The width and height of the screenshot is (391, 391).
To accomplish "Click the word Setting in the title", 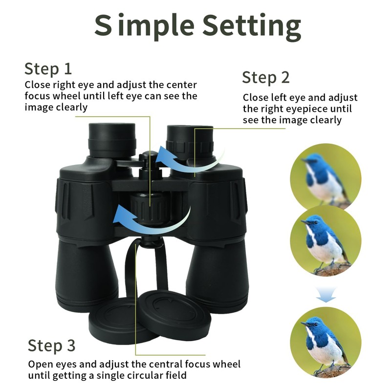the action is (252, 26).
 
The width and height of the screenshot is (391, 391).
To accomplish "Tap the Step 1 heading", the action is (48, 69).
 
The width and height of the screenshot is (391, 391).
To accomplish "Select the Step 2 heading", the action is (266, 78).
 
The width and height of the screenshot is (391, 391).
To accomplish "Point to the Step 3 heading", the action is (51, 346).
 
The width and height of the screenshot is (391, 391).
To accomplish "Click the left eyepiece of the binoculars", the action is (112, 140).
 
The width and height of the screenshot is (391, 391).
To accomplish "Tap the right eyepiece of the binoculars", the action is (190, 142).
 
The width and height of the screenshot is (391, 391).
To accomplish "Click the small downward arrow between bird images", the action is (326, 294).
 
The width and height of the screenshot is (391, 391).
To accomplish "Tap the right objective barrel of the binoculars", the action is (217, 274).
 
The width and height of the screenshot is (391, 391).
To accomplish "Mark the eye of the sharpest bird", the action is (316, 325).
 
